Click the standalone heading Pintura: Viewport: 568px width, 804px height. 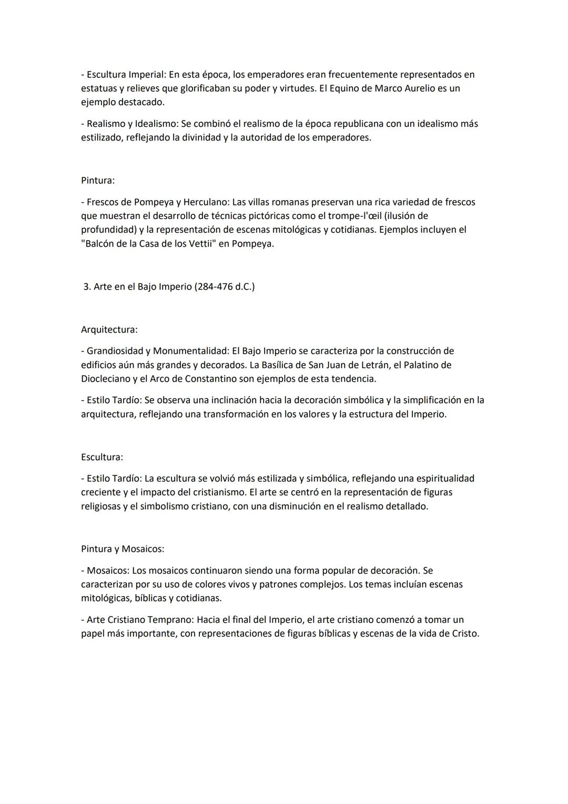coord(98,180)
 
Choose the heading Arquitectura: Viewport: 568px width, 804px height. coord(109,330)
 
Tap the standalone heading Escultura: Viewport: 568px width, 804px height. coord(102,457)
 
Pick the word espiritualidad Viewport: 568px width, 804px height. coord(445,478)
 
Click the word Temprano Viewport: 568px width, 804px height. coord(168,620)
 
